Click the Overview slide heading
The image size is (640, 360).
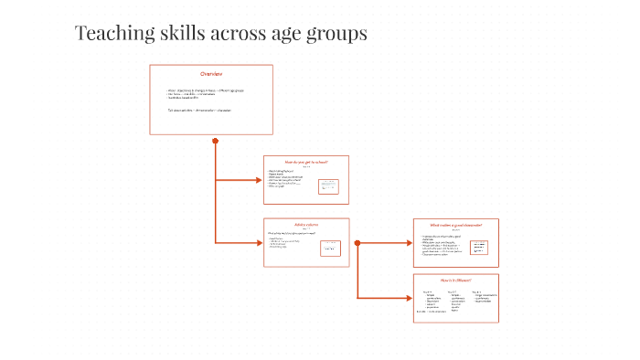(211, 73)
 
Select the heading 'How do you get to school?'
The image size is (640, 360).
(305, 162)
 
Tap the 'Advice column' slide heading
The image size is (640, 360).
(305, 225)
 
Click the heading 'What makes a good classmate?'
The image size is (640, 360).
(455, 225)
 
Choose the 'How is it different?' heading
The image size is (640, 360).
(455, 280)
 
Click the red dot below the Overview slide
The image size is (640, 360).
(215, 141)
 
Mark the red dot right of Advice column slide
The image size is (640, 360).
(357, 243)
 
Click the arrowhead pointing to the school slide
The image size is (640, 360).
(260, 179)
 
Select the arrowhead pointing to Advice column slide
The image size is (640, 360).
(260, 242)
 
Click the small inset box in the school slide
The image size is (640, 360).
(329, 186)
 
